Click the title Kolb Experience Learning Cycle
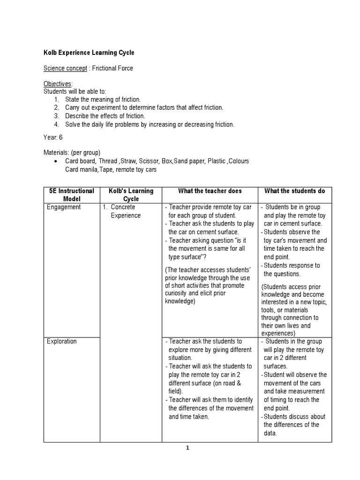(89, 53)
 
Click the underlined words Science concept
(65, 68)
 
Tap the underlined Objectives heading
(58, 83)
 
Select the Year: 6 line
(53, 138)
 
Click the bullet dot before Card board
(56, 161)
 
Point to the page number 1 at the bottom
(187, 448)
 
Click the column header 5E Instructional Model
(72, 195)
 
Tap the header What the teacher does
(210, 191)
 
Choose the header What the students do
(295, 191)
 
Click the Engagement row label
(64, 207)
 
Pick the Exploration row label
(61, 341)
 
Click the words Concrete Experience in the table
(125, 211)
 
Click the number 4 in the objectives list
(56, 124)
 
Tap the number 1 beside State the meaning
(56, 99)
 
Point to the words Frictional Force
(112, 68)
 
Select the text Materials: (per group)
(72, 153)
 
